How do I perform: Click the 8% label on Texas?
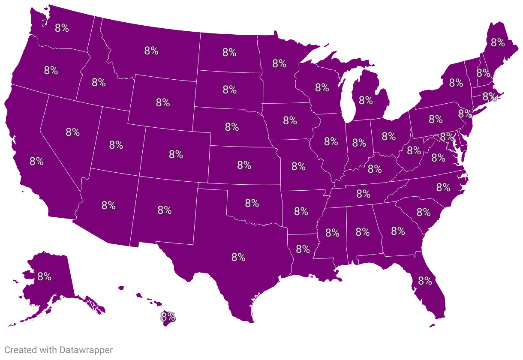tap(238, 257)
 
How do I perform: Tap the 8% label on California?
tap(36, 162)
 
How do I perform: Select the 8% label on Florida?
tap(425, 281)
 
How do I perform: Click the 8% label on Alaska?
tap(44, 276)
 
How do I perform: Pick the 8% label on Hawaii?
tap(168, 317)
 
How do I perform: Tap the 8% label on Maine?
tap(498, 42)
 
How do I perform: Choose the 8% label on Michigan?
tap(366, 100)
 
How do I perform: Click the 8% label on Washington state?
tap(62, 28)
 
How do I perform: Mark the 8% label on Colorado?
tap(176, 154)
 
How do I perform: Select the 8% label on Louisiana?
tap(303, 249)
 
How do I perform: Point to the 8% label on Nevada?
tap(72, 132)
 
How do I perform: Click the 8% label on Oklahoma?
tap(252, 203)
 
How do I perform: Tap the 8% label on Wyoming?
tap(163, 103)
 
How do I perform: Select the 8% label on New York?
tap(456, 82)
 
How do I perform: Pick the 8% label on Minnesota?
tap(279, 64)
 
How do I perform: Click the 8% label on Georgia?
tap(398, 231)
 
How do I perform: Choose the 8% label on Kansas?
tap(243, 165)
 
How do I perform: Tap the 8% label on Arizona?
tap(108, 205)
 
